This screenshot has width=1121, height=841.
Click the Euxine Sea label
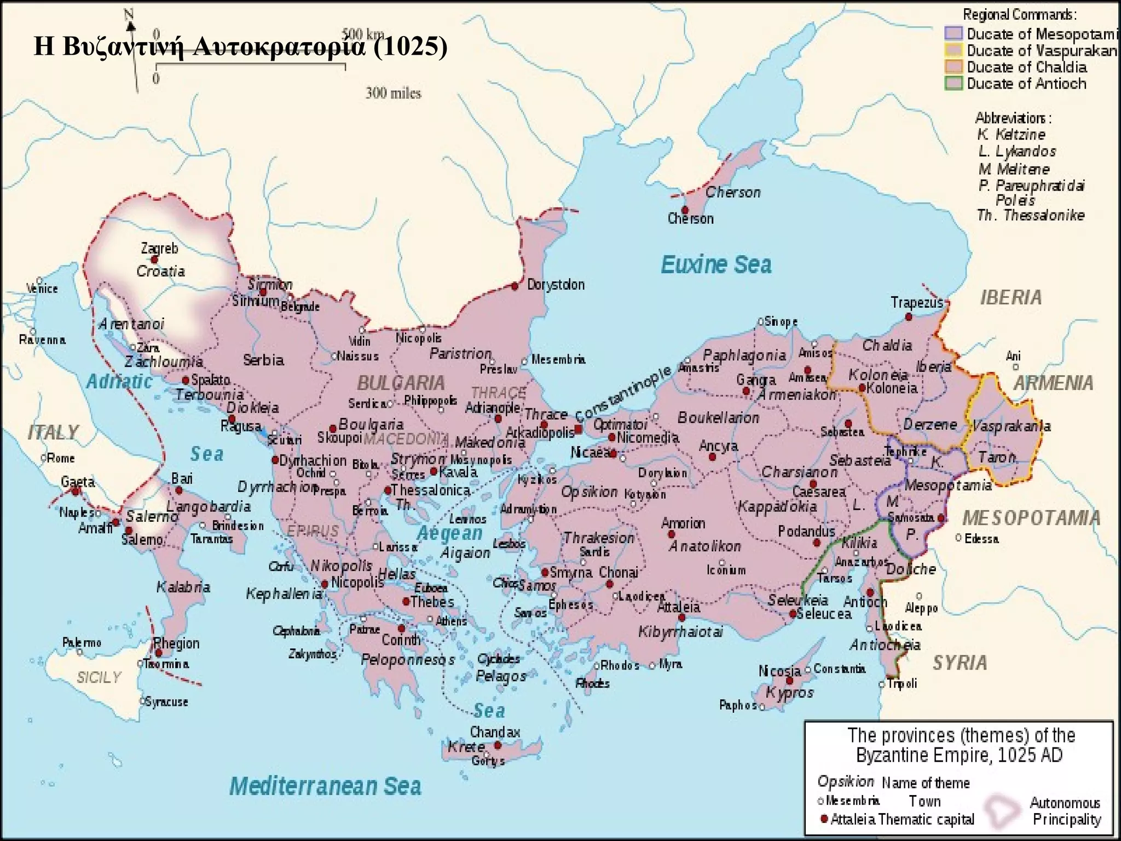point(716,265)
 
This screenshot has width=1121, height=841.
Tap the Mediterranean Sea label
point(325,786)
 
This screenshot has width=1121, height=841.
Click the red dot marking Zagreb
point(154,260)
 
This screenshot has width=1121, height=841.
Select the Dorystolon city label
point(556,285)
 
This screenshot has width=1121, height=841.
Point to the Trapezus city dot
point(909,317)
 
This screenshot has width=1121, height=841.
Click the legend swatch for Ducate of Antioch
point(954,84)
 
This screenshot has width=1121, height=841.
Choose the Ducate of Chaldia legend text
point(1026,67)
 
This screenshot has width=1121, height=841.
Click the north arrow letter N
point(129,14)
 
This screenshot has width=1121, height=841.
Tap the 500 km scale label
point(363,34)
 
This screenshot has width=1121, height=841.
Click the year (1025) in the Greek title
point(411,47)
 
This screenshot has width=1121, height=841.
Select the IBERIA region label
point(1010,297)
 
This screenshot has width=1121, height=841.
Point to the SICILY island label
point(99,678)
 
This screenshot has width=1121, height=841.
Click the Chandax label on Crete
point(495,732)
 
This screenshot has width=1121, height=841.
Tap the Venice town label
point(43,289)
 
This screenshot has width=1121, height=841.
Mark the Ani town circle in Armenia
point(1015,367)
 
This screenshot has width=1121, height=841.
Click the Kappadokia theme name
point(777,506)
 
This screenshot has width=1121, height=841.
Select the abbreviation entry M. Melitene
point(1014,169)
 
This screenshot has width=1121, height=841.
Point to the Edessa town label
point(981,539)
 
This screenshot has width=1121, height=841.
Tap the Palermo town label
point(82,642)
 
